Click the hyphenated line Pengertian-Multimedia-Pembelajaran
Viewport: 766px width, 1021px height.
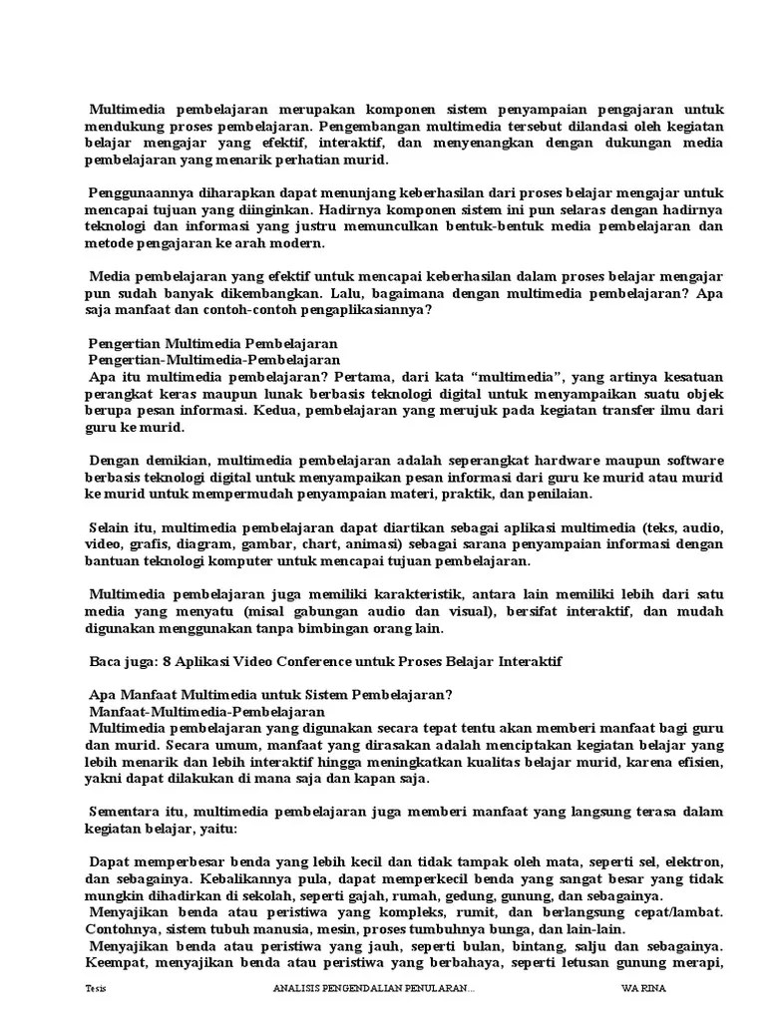(213, 360)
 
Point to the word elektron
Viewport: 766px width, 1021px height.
(692, 861)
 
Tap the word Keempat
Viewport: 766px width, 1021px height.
(116, 962)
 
